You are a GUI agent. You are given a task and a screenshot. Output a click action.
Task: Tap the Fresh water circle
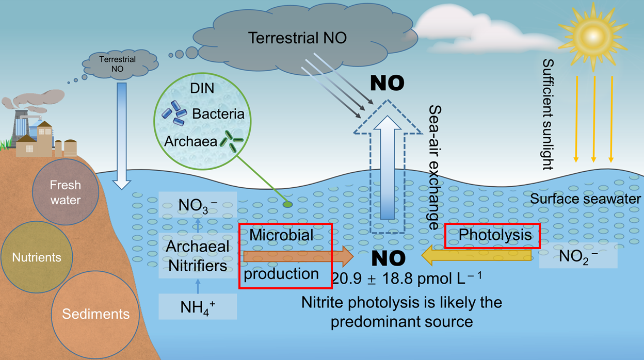pyautogui.click(x=65, y=192)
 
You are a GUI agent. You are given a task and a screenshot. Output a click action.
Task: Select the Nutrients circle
pyautogui.click(x=36, y=257)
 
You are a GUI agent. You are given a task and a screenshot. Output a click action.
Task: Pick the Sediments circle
pyautogui.click(x=95, y=313)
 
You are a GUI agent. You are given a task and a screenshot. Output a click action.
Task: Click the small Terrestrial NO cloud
pyautogui.click(x=117, y=64)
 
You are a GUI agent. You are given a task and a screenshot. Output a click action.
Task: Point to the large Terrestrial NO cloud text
pyautogui.click(x=297, y=38)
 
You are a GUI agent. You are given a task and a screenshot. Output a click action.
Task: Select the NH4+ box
pyautogui.click(x=197, y=307)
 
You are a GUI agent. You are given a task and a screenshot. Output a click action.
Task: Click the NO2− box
pyautogui.click(x=578, y=255)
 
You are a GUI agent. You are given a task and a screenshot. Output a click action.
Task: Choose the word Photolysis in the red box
pyautogui.click(x=495, y=235)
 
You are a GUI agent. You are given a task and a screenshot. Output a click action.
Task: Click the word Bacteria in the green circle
pyautogui.click(x=218, y=113)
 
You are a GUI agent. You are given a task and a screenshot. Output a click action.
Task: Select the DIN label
pyautogui.click(x=201, y=88)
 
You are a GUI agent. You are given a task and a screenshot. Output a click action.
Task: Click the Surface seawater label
pyautogui.click(x=586, y=199)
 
